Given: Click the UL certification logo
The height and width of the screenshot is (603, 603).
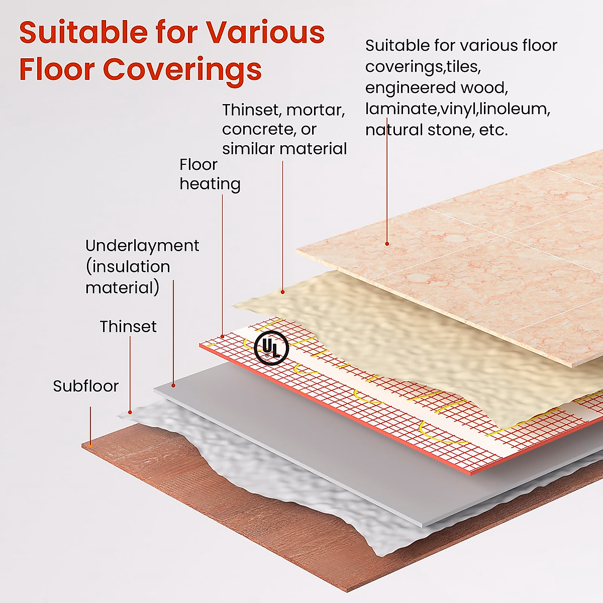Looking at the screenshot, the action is (271, 347).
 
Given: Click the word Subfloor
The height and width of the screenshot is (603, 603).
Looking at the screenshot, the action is (86, 386).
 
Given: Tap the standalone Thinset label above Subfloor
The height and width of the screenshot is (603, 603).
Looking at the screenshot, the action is (128, 327).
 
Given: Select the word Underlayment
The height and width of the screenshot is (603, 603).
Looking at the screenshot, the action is (142, 246).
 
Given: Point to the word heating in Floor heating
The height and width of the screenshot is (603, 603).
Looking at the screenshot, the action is (210, 184).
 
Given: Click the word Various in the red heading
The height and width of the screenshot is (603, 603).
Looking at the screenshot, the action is (265, 32).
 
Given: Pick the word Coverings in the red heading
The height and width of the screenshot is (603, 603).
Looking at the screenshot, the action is (182, 69).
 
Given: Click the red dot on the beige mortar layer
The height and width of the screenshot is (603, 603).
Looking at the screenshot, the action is (283, 291).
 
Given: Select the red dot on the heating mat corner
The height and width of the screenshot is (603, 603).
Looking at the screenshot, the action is (223, 336).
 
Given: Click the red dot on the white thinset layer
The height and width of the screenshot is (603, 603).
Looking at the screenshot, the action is (130, 412).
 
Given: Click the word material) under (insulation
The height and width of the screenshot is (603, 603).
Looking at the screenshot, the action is (122, 288).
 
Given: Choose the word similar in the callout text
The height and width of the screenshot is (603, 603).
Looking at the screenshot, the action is (249, 149).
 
